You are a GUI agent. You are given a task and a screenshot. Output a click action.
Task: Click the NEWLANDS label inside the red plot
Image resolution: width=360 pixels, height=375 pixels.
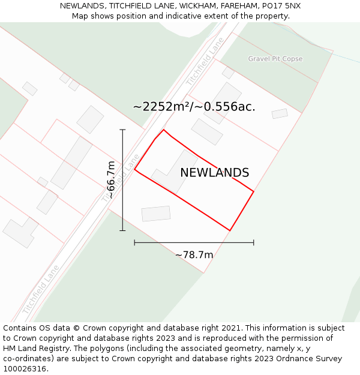214,173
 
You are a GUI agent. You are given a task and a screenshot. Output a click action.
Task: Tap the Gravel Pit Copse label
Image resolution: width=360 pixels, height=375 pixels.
275,59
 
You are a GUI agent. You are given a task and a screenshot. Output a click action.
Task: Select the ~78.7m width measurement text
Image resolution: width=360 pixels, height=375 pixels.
194,255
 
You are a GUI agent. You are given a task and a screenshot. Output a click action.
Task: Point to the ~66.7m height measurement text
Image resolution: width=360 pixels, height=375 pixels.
111,179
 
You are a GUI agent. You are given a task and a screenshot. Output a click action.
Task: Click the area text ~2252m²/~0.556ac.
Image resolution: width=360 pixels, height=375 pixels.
194,107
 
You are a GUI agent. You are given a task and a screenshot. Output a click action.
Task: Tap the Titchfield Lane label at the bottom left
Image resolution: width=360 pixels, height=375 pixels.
41,290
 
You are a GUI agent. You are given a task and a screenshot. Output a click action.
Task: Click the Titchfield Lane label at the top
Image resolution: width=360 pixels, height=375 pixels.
205,61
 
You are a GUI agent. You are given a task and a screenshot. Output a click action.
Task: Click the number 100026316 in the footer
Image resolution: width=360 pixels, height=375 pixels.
25,369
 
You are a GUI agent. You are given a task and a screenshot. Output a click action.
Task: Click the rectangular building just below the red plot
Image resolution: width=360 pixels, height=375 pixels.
156,214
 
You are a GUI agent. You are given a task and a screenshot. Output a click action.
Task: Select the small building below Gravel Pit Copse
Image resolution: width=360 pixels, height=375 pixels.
280,113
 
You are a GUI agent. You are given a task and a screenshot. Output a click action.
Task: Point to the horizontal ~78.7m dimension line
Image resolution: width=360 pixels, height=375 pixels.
194,242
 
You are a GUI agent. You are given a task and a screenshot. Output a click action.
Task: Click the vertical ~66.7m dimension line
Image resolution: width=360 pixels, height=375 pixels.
122,179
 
